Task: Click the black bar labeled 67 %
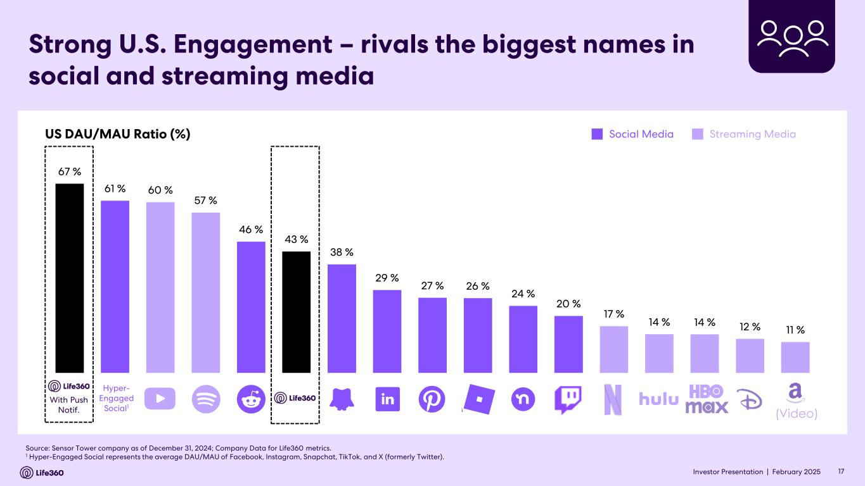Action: [x=70, y=278]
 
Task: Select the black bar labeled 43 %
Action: [x=296, y=312]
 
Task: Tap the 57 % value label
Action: [x=205, y=201]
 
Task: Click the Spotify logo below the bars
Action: [x=205, y=399]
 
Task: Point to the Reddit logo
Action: [x=251, y=399]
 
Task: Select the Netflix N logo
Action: [x=613, y=400]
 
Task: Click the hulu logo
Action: [x=658, y=399]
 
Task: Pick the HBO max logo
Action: [x=707, y=399]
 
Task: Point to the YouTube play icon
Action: [x=160, y=399]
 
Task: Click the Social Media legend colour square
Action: [x=597, y=134]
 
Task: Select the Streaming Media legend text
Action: [x=752, y=134]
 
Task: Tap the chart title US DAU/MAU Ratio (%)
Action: [x=117, y=134]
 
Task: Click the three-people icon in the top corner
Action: [x=793, y=37]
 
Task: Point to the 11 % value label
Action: [x=795, y=330]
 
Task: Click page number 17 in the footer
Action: [x=842, y=472]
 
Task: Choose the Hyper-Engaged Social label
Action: [x=116, y=398]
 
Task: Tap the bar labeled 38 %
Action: [x=342, y=318]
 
